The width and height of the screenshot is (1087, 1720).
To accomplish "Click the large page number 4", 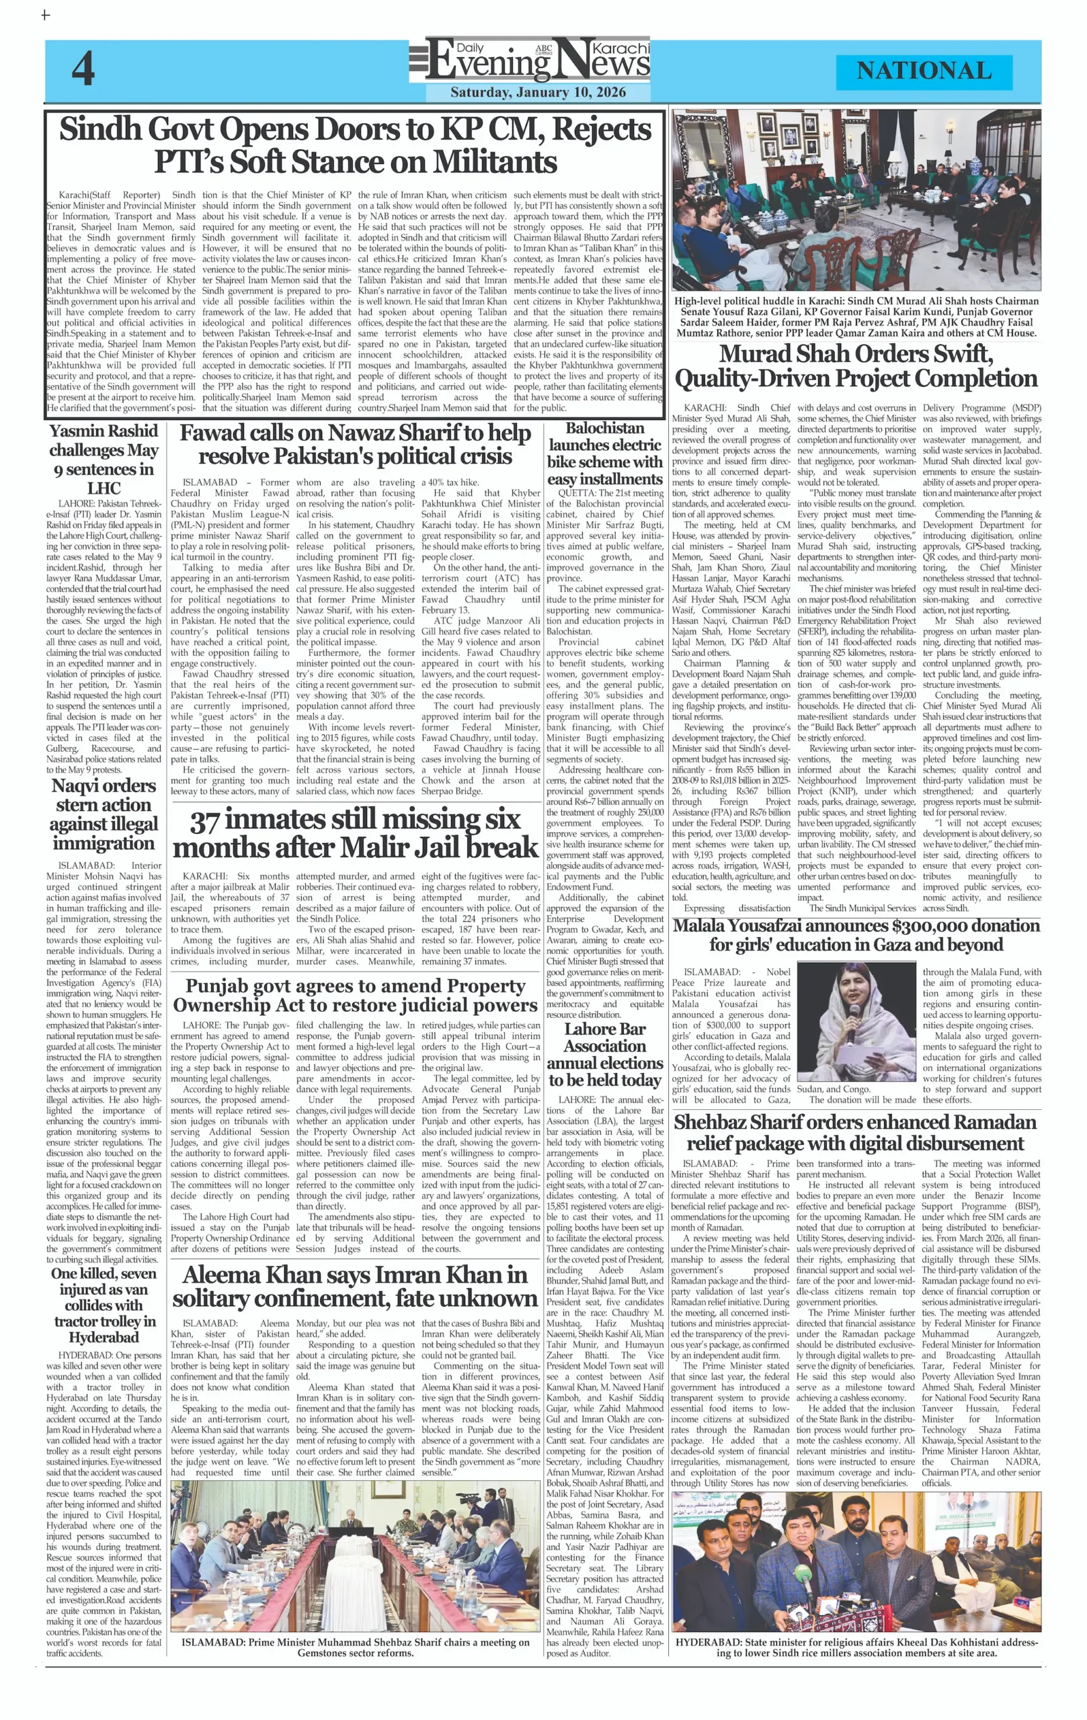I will [83, 70].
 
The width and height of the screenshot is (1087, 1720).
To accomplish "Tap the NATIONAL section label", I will [924, 71].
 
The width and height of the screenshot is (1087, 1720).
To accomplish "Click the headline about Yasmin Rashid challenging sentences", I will [104, 460].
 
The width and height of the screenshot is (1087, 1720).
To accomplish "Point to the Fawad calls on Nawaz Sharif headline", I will [355, 444].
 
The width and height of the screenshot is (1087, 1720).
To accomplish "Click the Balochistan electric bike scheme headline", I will [604, 454].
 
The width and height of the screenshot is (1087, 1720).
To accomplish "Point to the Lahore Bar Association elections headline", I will [604, 1054].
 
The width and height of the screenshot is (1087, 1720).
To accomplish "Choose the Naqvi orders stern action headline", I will [104, 814].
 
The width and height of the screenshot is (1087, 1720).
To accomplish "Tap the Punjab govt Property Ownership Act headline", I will [355, 996].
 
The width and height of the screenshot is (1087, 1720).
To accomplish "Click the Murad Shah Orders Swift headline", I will [856, 365].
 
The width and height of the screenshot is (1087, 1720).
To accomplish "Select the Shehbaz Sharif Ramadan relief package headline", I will [856, 1132].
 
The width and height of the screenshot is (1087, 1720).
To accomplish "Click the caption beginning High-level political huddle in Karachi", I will [856, 316].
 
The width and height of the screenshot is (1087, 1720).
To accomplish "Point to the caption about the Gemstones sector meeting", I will [355, 1646].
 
